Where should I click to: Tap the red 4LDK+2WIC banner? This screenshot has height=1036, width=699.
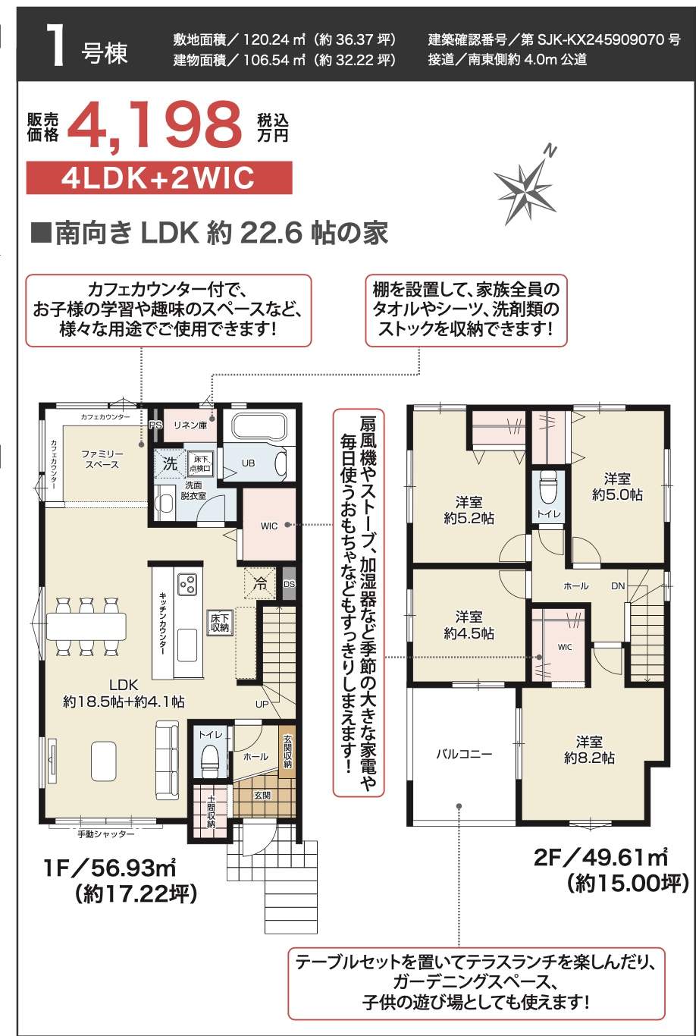tap(159, 177)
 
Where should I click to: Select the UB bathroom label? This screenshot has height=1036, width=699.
tap(248, 463)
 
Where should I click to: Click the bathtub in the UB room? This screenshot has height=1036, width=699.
tap(259, 427)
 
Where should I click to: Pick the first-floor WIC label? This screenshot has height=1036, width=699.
tap(269, 526)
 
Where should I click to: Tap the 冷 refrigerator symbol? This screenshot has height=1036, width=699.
tap(260, 583)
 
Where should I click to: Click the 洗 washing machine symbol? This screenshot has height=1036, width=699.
tap(170, 463)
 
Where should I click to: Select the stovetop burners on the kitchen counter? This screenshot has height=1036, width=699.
tap(187, 585)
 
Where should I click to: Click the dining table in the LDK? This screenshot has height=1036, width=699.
tap(86, 626)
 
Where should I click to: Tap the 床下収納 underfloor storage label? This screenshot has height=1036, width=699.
tap(220, 623)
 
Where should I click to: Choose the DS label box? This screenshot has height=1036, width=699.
tap(289, 584)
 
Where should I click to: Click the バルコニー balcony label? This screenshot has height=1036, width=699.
tap(464, 754)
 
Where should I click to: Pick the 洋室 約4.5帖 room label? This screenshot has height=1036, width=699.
tap(469, 625)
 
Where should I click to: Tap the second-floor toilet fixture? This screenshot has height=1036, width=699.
tap(549, 488)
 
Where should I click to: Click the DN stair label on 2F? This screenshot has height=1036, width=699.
tap(618, 585)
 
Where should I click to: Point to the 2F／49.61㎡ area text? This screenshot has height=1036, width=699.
tap(601, 858)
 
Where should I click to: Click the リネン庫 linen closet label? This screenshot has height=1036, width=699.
tap(190, 425)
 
